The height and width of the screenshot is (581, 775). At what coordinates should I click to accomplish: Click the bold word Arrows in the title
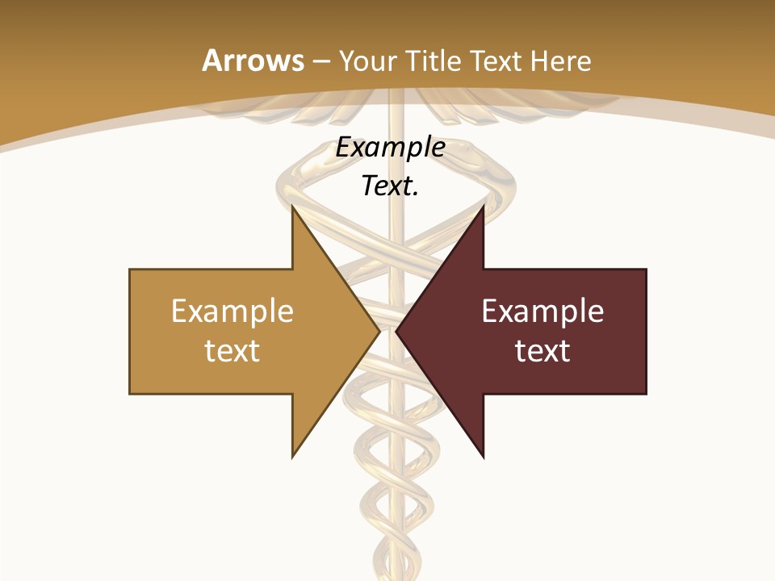click(x=252, y=61)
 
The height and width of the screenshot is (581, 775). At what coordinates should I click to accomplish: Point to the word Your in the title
click(x=366, y=61)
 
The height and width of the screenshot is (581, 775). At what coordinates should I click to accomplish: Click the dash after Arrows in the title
click(x=320, y=61)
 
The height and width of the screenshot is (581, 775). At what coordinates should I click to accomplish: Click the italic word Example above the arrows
click(x=390, y=148)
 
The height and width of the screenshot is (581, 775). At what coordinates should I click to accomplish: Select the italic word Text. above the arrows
click(x=390, y=186)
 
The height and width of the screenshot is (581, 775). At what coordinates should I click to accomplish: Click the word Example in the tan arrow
click(x=232, y=311)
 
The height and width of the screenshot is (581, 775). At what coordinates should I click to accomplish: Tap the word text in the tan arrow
click(x=232, y=350)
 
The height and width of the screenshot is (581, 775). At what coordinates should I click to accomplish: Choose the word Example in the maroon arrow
click(x=542, y=311)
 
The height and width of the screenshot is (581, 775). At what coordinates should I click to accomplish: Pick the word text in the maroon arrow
click(x=542, y=350)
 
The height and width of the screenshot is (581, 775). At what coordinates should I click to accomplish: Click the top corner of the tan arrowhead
click(x=293, y=207)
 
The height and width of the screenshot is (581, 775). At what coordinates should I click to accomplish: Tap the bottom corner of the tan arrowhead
click(x=293, y=456)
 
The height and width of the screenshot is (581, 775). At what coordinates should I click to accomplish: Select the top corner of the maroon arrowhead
click(x=483, y=207)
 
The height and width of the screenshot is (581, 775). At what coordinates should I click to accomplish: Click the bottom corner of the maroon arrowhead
click(x=483, y=456)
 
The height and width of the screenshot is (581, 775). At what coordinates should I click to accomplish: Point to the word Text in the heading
click(x=500, y=61)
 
